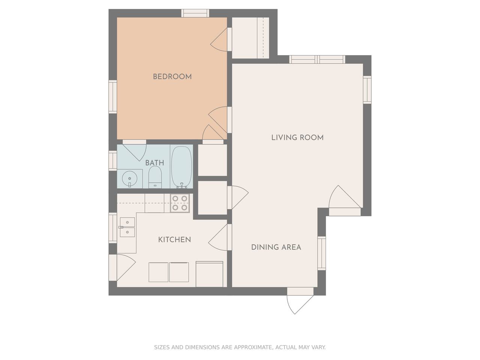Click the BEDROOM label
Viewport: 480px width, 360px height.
[172, 77]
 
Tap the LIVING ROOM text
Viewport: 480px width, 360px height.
[297, 138]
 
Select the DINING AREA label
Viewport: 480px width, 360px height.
[276, 247]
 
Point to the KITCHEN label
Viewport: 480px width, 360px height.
[174, 240]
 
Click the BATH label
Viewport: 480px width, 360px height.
[154, 163]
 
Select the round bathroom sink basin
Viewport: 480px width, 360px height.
[129, 179]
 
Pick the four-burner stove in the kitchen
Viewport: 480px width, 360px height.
[180, 203]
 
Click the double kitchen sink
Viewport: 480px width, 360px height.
[127, 227]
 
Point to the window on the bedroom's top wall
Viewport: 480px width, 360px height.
[195, 13]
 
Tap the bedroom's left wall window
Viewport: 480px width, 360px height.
[113, 97]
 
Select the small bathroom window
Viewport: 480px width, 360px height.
[113, 160]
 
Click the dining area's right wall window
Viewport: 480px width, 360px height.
[322, 253]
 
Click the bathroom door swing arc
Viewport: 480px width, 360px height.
[134, 151]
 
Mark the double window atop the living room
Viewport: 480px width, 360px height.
[317, 60]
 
